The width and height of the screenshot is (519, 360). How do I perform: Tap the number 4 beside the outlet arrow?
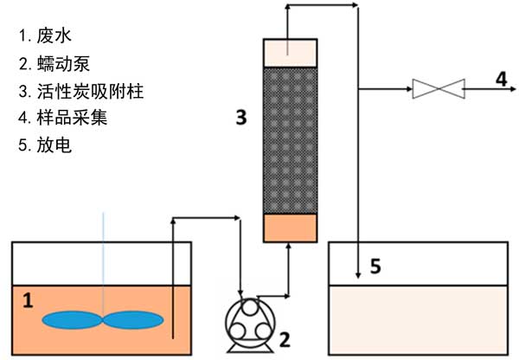point(501,80)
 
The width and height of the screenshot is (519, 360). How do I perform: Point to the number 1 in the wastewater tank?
point(28,301)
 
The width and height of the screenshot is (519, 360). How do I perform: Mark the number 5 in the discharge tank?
point(375,266)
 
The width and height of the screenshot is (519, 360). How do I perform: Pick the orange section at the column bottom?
point(291,228)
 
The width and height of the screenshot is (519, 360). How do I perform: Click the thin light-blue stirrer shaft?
point(103,260)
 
